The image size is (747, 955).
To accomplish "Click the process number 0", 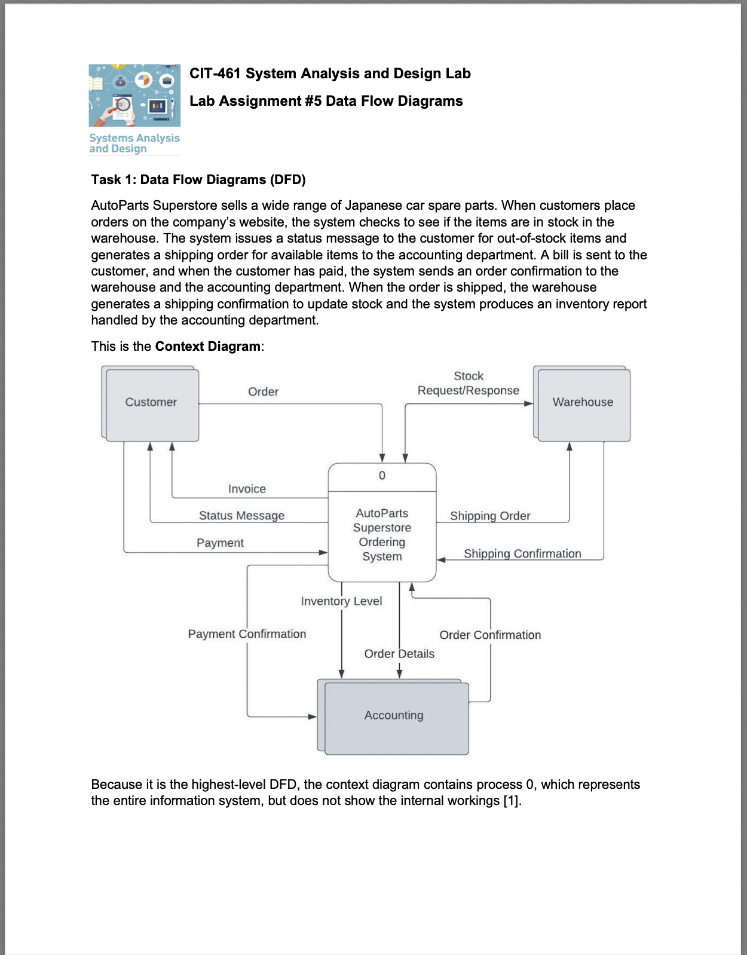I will [x=382, y=476].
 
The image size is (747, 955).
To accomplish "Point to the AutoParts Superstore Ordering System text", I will [x=382, y=535].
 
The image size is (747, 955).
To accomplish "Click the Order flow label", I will [x=263, y=392].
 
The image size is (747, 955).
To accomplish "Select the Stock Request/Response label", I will [x=468, y=384].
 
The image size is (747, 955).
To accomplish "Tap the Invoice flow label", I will [x=247, y=489].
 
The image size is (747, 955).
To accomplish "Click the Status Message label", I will [x=241, y=516].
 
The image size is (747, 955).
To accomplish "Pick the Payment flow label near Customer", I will [x=220, y=543].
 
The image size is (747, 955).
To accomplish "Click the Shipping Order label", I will [x=490, y=516].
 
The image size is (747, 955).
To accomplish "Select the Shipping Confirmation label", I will [x=522, y=554].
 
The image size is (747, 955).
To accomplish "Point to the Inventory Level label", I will [x=341, y=601].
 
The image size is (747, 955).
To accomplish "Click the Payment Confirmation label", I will [x=247, y=634].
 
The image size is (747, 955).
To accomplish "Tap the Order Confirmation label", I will [x=490, y=635].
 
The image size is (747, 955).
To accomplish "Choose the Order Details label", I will [x=399, y=654].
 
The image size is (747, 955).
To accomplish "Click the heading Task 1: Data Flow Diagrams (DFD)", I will [x=198, y=180].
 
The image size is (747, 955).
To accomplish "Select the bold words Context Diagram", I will [x=207, y=347].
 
